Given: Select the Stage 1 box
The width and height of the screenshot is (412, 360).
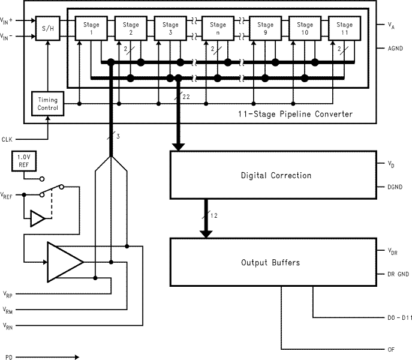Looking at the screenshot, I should point(92,28).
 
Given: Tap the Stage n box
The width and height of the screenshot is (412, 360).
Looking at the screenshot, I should point(218,28).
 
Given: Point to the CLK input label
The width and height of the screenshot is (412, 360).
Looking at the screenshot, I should point(7,139).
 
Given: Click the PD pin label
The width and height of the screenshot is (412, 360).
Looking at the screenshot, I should point(8,356).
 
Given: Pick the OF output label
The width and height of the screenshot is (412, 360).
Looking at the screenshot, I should point(390,349).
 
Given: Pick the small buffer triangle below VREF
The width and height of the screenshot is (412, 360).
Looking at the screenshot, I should point(37,219).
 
